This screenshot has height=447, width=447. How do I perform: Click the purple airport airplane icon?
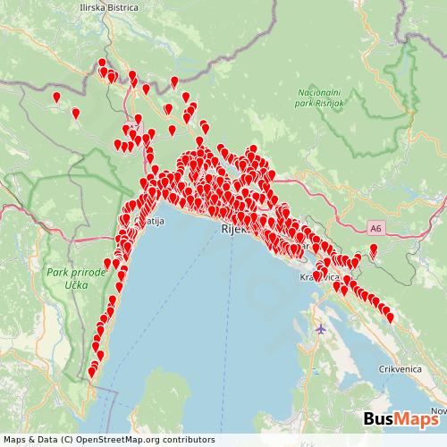click(321, 329)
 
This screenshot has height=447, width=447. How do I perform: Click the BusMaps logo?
click(401, 419)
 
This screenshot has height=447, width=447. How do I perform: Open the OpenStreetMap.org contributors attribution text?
click(116, 440)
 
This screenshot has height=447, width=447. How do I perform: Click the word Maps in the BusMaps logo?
click(418, 419)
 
